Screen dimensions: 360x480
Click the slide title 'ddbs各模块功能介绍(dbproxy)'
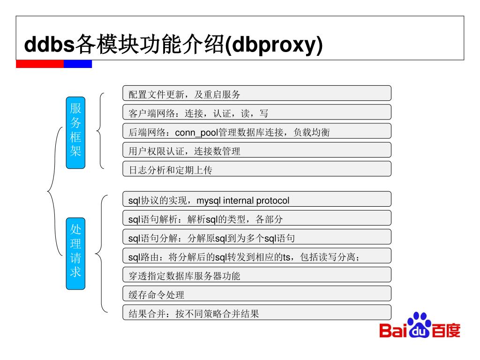pyautogui.click(x=173, y=45)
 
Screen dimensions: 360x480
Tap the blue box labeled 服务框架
pyautogui.click(x=75, y=132)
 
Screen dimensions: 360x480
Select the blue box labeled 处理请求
pyautogui.click(x=75, y=253)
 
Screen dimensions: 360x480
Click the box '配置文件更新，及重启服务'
pyautogui.click(x=256, y=93)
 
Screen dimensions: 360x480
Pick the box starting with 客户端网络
pyautogui.click(x=256, y=112)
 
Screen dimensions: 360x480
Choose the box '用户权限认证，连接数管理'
pyautogui.click(x=256, y=150)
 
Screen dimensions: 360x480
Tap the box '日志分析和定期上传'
pyautogui.click(x=256, y=169)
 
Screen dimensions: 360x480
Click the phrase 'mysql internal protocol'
pyautogui.click(x=243, y=201)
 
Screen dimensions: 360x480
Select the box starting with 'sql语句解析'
pyautogui.click(x=256, y=218)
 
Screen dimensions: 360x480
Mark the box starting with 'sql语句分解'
pyautogui.click(x=256, y=238)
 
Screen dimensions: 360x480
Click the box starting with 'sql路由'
pyautogui.click(x=256, y=256)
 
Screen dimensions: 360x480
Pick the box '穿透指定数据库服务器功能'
pyautogui.click(x=256, y=275)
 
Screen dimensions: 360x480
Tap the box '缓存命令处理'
pyautogui.click(x=256, y=294)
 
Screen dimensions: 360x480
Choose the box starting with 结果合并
pyautogui.click(x=256, y=313)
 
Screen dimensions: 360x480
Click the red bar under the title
pyautogui.click(x=39, y=64)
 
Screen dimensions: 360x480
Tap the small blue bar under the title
pyautogui.click(x=78, y=64)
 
